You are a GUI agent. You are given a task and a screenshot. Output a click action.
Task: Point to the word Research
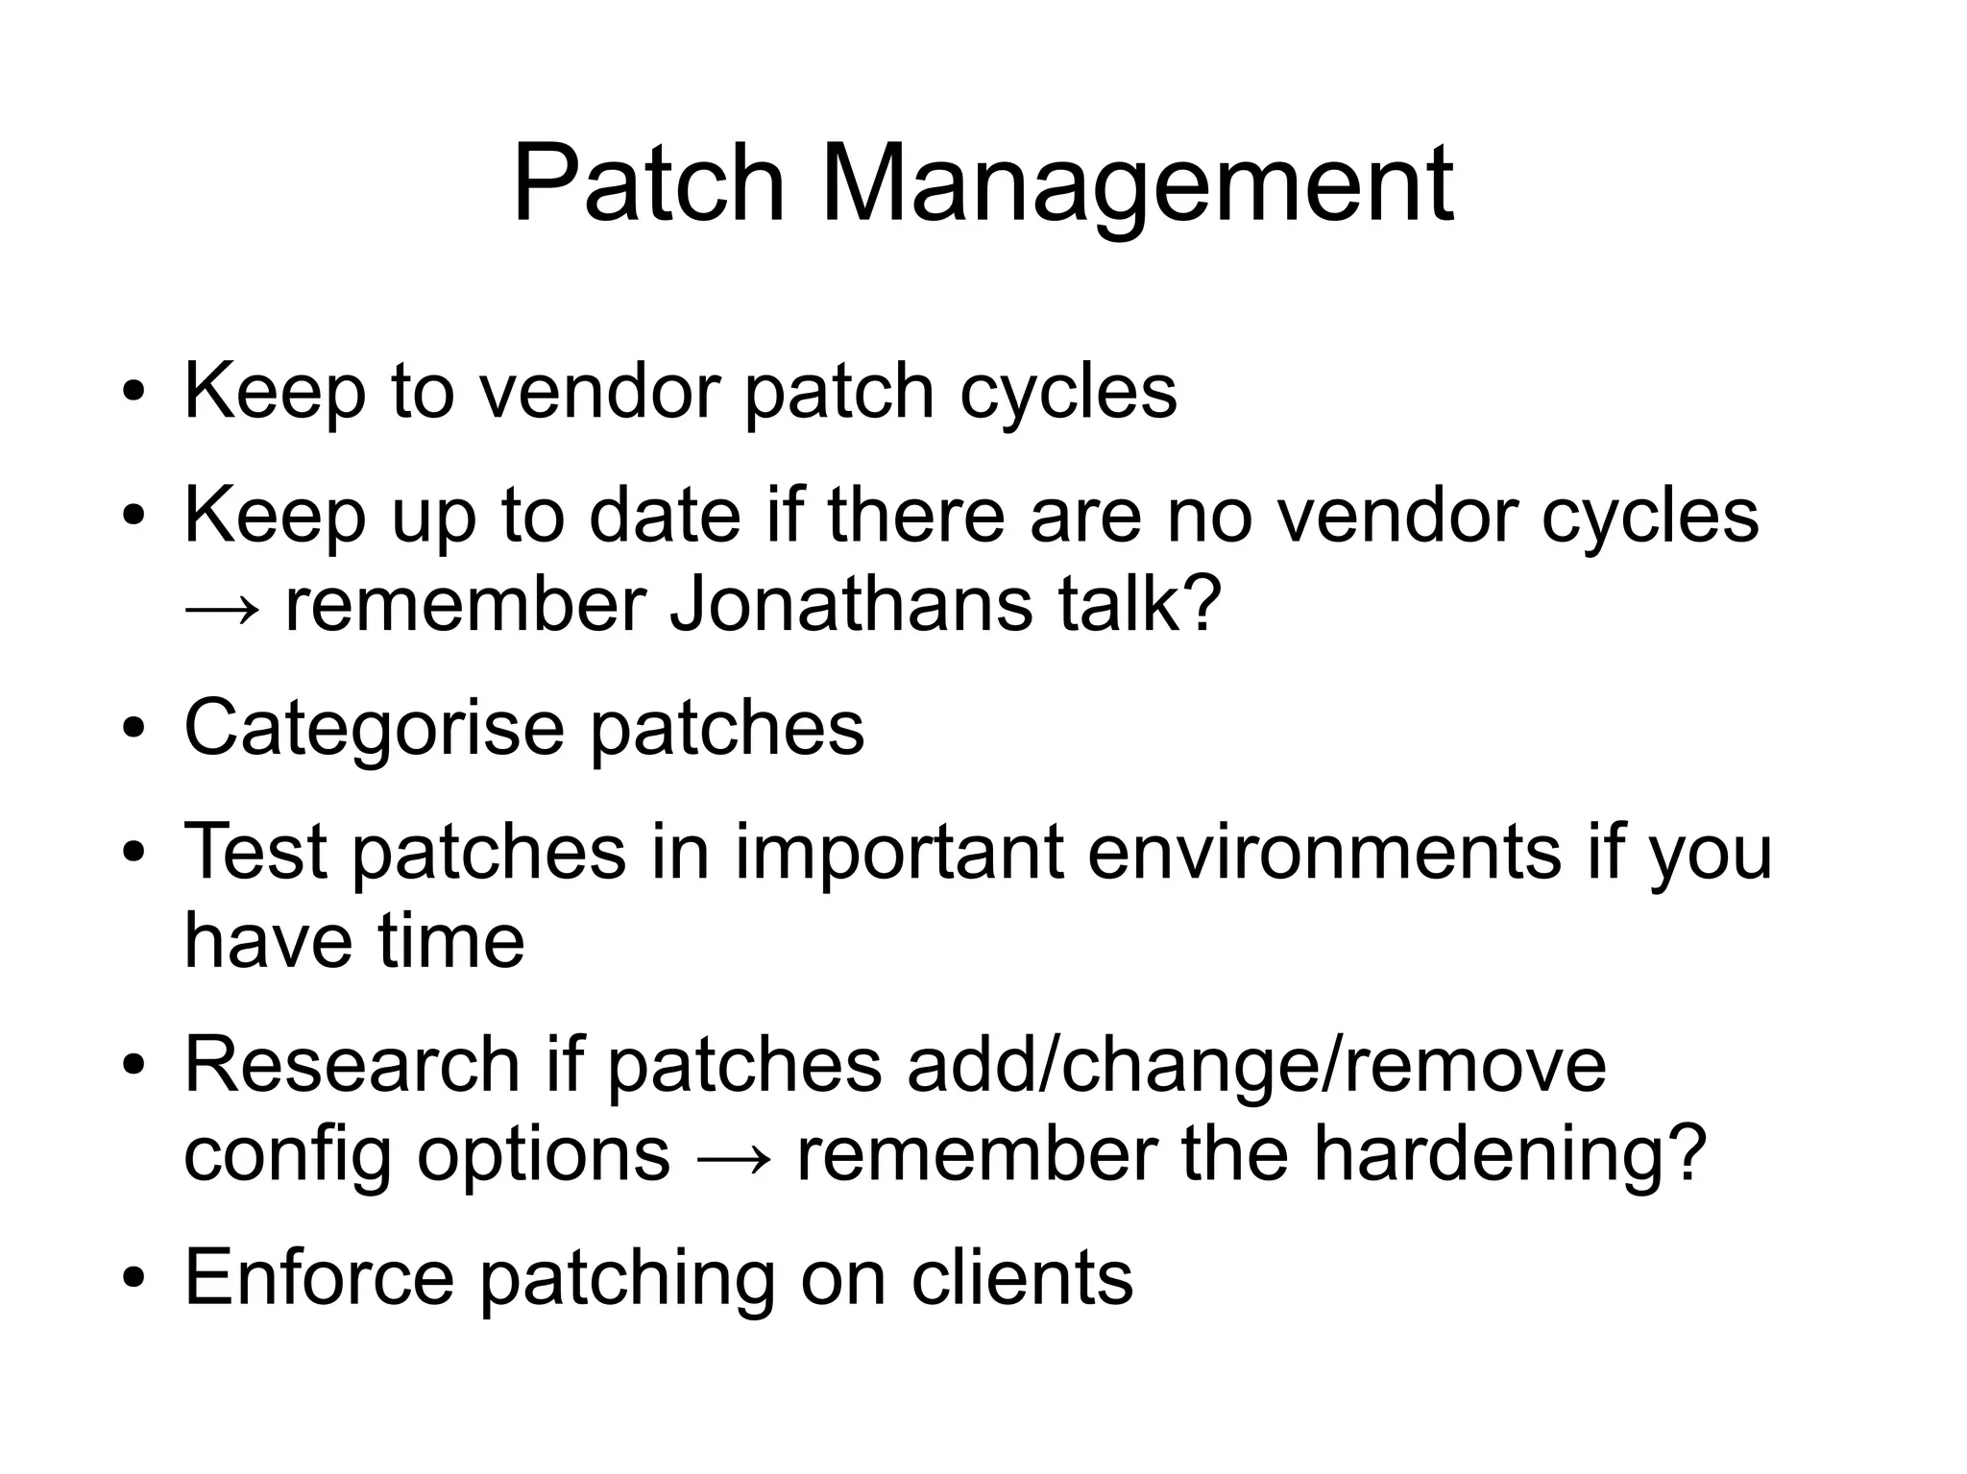pos(352,1064)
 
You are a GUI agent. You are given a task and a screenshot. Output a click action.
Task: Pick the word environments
pos(1324,852)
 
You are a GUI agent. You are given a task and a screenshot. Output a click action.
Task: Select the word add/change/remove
pos(1256,1064)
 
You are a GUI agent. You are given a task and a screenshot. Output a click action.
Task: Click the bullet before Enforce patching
pos(134,1279)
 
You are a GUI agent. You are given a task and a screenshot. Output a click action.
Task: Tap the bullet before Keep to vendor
pos(134,393)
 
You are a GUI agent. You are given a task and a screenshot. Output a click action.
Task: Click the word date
pos(665,516)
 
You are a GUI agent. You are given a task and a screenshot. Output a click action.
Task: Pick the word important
pos(899,852)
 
